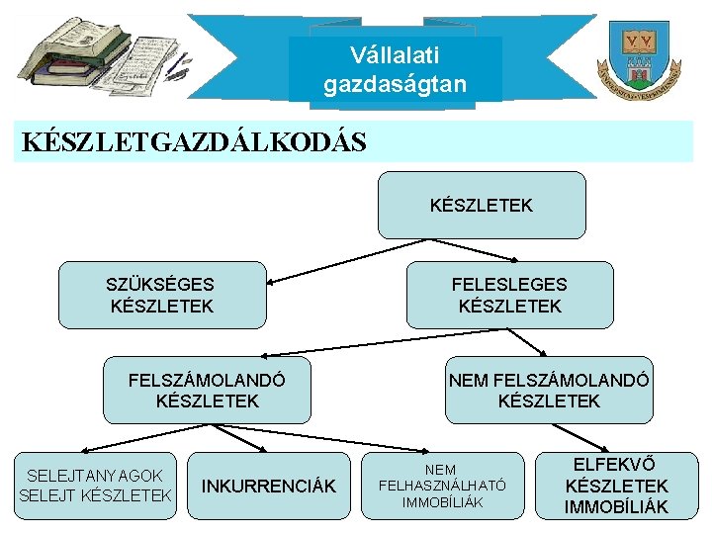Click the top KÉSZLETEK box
tap(482, 205)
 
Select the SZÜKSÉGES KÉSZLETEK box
tap(162, 295)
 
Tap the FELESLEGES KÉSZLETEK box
tap(509, 295)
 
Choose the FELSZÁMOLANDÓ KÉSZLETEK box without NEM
tap(207, 390)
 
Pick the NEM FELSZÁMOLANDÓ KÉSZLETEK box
tap(549, 390)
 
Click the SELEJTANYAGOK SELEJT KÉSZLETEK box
tap(95, 486)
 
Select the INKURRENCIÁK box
tap(269, 486)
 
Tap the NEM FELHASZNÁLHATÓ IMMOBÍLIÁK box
tap(442, 486)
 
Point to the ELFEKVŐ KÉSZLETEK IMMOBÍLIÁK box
tap(616, 486)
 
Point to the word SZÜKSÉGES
tap(160, 284)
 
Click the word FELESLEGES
tap(509, 284)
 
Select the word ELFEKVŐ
tap(616, 464)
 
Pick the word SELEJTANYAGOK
tap(95, 476)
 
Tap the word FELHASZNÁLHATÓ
tap(442, 486)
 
